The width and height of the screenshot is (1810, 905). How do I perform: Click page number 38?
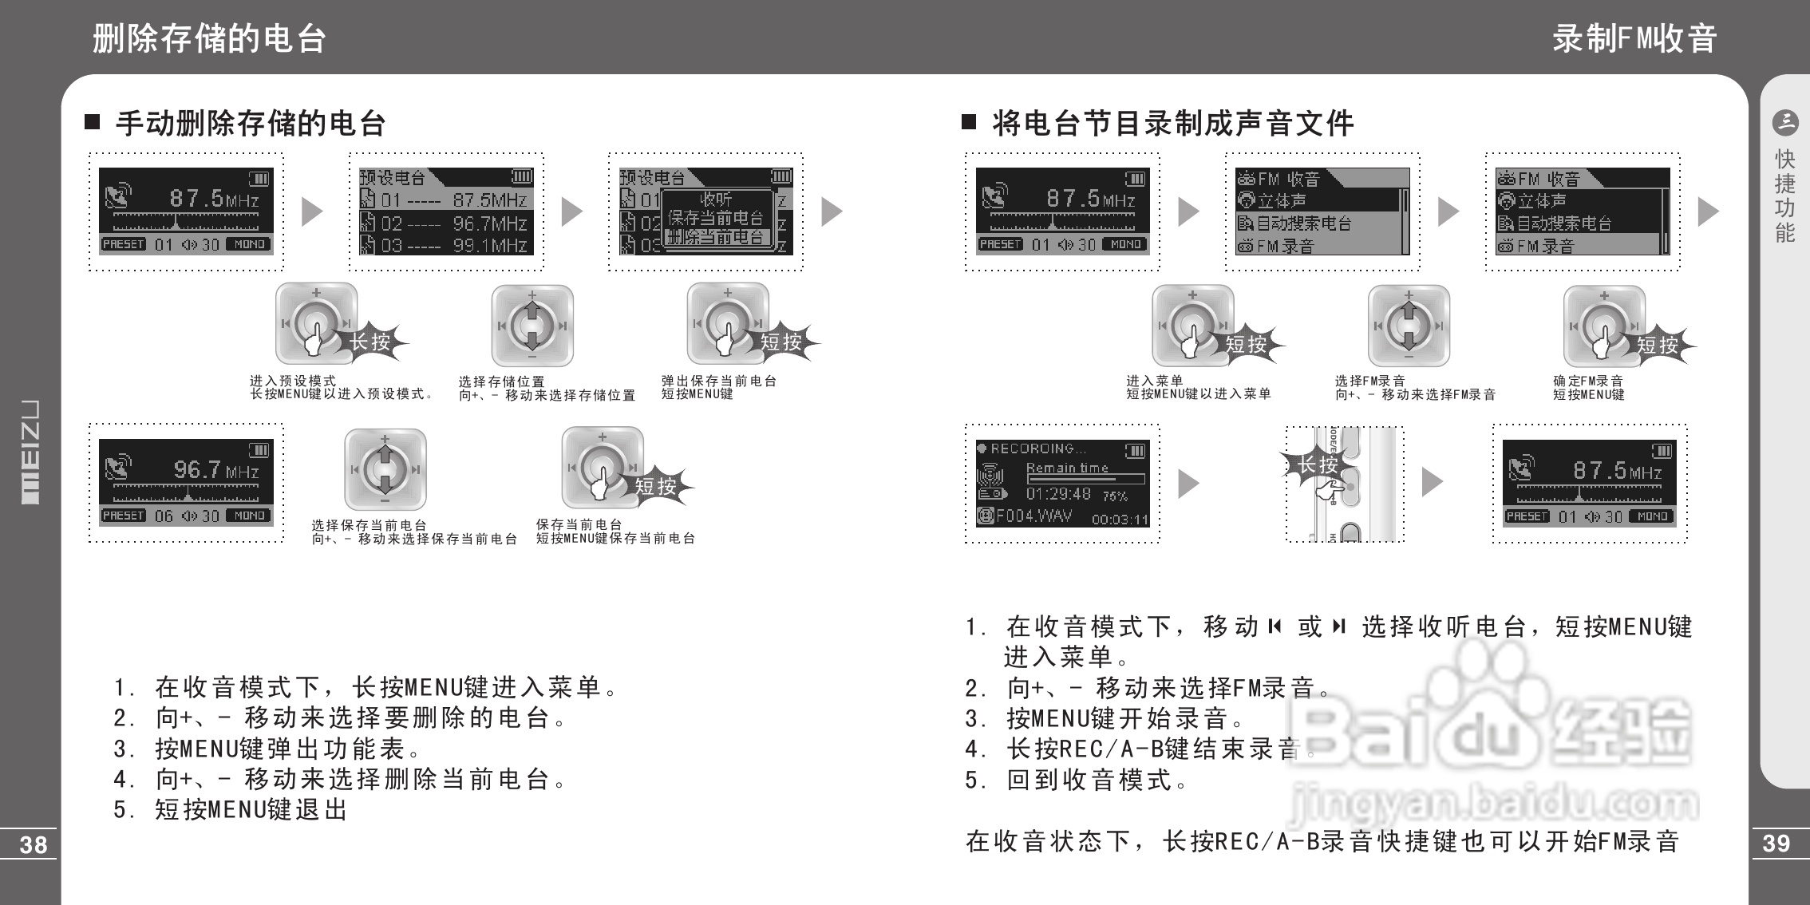point(34,845)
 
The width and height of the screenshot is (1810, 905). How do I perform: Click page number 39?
point(1776,844)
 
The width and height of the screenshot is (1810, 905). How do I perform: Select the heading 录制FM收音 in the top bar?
point(1634,38)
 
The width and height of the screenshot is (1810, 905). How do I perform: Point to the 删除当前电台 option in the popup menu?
point(716,237)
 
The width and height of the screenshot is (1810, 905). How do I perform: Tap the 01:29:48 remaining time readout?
point(1058,494)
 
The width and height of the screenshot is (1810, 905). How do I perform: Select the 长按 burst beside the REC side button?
point(1316,464)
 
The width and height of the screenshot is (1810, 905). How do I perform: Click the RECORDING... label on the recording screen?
point(1037,449)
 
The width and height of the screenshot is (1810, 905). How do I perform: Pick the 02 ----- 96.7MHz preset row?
point(445,223)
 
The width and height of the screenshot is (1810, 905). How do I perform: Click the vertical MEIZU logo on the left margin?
point(30,452)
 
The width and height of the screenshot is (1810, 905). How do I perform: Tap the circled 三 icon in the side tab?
point(1784,122)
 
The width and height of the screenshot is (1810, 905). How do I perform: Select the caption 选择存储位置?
point(501,381)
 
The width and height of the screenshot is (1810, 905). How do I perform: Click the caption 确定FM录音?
point(1588,381)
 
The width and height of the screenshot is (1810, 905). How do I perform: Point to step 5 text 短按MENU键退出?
point(231,810)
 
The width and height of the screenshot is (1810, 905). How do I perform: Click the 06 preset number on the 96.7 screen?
point(164,516)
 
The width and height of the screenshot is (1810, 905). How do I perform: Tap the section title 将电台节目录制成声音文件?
point(1172,124)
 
